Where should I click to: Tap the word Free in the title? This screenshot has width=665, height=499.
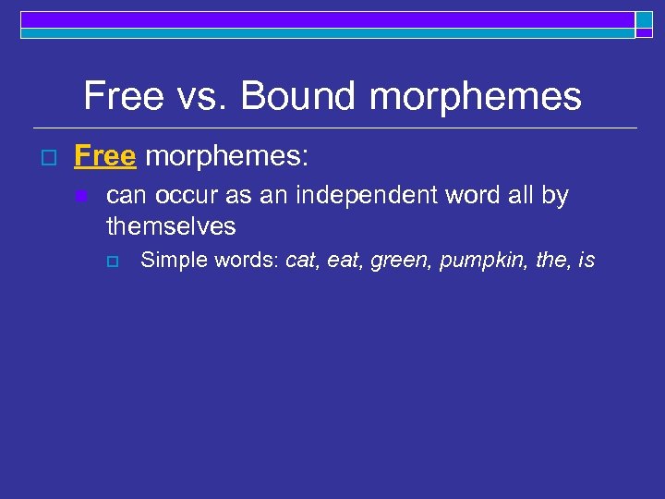tap(122, 96)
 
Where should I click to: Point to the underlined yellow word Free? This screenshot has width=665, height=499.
tap(104, 156)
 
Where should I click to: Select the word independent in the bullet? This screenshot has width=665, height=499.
tap(346, 196)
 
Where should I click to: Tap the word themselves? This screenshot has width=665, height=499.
tap(171, 226)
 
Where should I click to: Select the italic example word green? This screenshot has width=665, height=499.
tap(401, 261)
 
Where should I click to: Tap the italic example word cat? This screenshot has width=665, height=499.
tap(302, 261)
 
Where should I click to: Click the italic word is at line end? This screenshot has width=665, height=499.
tap(586, 261)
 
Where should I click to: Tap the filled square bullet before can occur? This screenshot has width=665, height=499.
tap(82, 196)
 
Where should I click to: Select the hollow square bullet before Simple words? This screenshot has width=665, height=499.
tap(113, 262)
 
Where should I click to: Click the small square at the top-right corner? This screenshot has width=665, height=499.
tap(644, 20)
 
